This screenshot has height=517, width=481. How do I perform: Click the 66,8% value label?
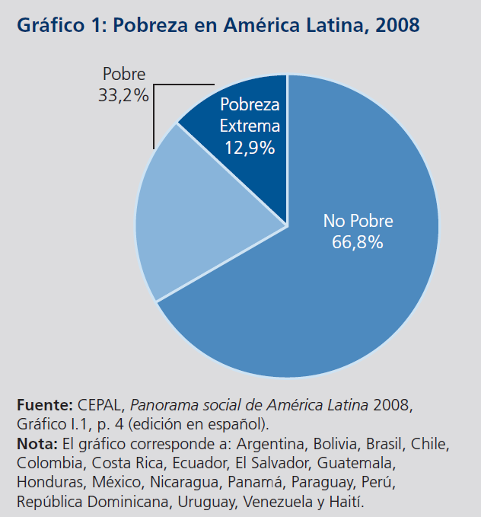tap(358, 244)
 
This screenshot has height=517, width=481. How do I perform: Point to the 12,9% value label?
tap(250, 148)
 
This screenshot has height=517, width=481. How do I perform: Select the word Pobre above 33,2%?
tap(123, 75)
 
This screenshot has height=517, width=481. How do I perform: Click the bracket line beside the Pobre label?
tap(154, 114)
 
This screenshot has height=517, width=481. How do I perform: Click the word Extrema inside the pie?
tap(250, 126)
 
